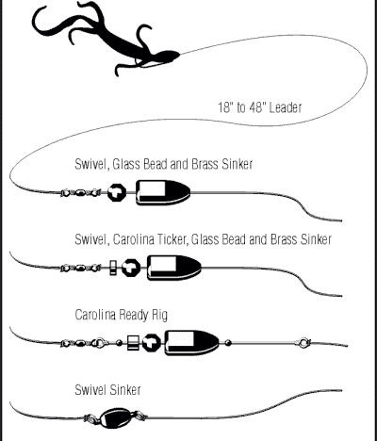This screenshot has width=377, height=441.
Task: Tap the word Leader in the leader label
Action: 286,107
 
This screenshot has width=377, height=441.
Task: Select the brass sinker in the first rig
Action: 163,192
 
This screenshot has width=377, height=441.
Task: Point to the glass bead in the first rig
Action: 117,192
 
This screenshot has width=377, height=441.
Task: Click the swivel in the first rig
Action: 81,192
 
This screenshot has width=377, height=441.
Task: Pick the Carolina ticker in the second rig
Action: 113,268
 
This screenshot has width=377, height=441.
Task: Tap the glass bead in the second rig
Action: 131,268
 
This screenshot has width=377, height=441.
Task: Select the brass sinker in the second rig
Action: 174,268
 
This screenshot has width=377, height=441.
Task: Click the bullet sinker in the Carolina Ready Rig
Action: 192,343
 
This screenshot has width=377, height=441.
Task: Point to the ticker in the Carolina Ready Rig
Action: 133,343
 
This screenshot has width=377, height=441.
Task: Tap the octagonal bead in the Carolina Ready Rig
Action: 152,343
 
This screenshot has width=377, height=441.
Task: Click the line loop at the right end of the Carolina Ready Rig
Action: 304,343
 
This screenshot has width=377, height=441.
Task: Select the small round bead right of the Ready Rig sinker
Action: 228,343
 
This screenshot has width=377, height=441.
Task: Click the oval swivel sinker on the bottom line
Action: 115,417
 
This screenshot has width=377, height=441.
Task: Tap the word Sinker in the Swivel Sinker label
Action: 125,390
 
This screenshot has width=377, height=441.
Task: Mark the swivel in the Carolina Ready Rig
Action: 83,343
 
